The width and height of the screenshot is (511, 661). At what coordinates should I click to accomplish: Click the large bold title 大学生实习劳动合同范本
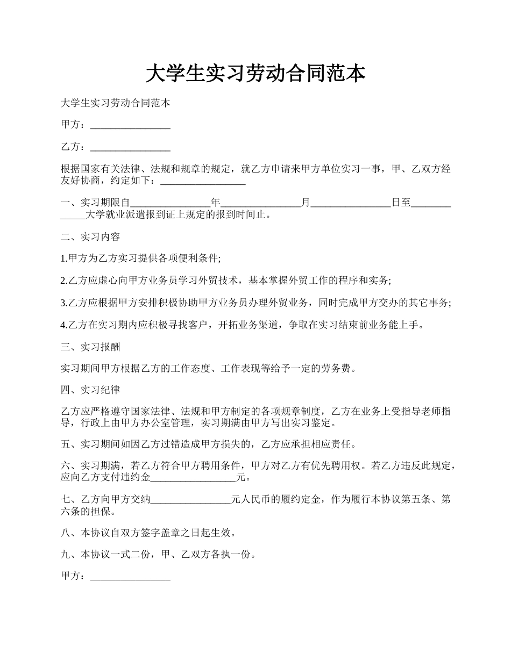[256, 74]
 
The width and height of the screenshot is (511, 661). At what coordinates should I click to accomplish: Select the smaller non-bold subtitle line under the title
[116, 103]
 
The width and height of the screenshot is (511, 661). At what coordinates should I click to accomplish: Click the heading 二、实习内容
[90, 237]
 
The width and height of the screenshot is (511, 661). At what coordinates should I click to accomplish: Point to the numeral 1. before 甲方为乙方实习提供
[63, 258]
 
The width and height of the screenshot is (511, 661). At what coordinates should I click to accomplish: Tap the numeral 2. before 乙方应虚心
[63, 281]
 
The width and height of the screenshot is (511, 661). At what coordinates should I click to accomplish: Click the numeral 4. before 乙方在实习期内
[63, 325]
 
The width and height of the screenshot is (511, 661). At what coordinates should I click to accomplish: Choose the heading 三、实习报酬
[90, 347]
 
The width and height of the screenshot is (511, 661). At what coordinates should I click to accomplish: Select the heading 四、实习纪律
[90, 390]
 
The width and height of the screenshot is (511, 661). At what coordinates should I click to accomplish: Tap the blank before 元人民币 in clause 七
[190, 500]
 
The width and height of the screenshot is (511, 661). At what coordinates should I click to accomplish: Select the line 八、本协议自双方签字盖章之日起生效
[148, 533]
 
